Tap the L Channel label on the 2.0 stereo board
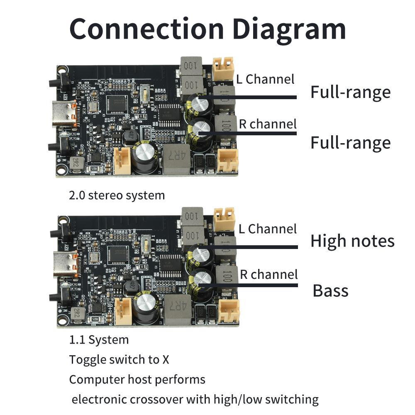(265, 79)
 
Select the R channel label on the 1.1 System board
(269, 274)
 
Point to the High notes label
(352, 241)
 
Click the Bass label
(330, 290)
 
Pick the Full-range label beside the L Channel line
(350, 92)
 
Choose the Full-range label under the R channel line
(350, 142)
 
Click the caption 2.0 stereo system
(117, 195)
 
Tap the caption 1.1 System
(99, 340)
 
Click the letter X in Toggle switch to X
(165, 359)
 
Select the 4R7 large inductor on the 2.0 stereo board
(175, 160)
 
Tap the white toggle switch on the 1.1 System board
(146, 244)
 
